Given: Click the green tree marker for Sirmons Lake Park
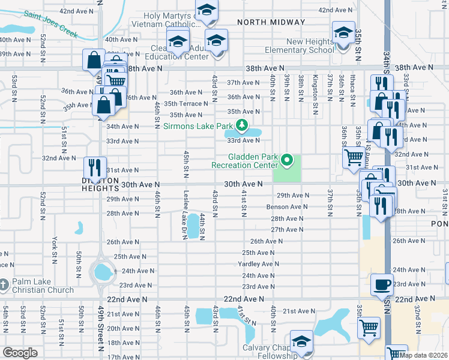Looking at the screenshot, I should pyautogui.click(x=241, y=125).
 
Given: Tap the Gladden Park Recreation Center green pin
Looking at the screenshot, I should pyautogui.click(x=287, y=160).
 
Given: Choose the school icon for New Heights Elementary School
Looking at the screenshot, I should pyautogui.click(x=343, y=32).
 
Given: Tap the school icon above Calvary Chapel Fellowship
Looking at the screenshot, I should pyautogui.click(x=301, y=342).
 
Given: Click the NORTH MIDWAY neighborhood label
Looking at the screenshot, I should pyautogui.click(x=271, y=22).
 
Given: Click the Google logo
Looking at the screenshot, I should pyautogui.click(x=20, y=353).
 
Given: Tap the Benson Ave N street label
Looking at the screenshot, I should pyautogui.click(x=287, y=207).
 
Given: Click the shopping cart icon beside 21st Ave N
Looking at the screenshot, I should pyautogui.click(x=369, y=328).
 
